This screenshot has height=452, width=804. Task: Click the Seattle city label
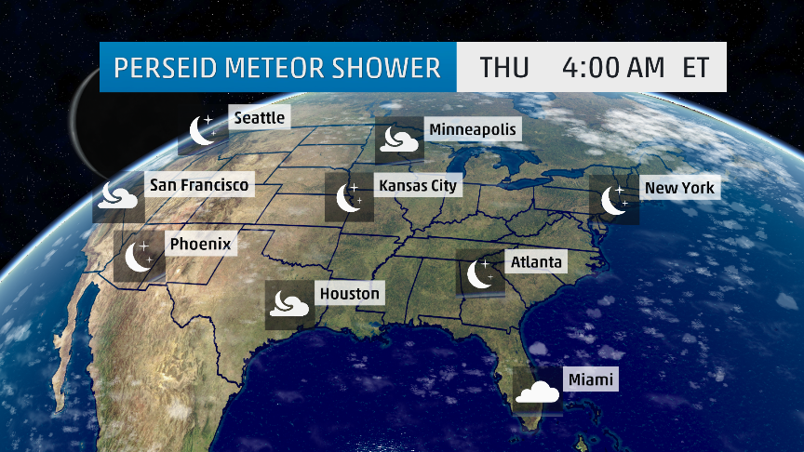(x=260, y=118)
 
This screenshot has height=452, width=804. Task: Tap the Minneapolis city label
(x=472, y=129)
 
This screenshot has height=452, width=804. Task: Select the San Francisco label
(x=199, y=186)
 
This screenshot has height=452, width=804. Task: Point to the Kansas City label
(x=419, y=186)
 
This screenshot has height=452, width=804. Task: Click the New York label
(x=679, y=188)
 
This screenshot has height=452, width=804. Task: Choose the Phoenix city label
(x=199, y=245)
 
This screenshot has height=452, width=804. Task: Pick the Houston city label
(x=350, y=294)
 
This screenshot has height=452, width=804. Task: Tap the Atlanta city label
(x=537, y=262)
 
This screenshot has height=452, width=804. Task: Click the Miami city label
(x=592, y=379)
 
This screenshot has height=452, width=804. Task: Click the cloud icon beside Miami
(x=539, y=392)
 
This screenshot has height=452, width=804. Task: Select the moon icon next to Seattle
(x=202, y=131)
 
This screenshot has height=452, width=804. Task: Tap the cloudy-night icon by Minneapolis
(x=398, y=141)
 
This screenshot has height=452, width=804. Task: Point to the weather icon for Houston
(x=288, y=304)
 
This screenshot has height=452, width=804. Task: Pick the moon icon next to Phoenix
(x=139, y=256)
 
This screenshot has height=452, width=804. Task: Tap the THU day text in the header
(x=504, y=68)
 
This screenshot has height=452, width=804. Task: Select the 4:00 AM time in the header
(x=613, y=68)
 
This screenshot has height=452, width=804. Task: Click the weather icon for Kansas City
(x=349, y=197)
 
